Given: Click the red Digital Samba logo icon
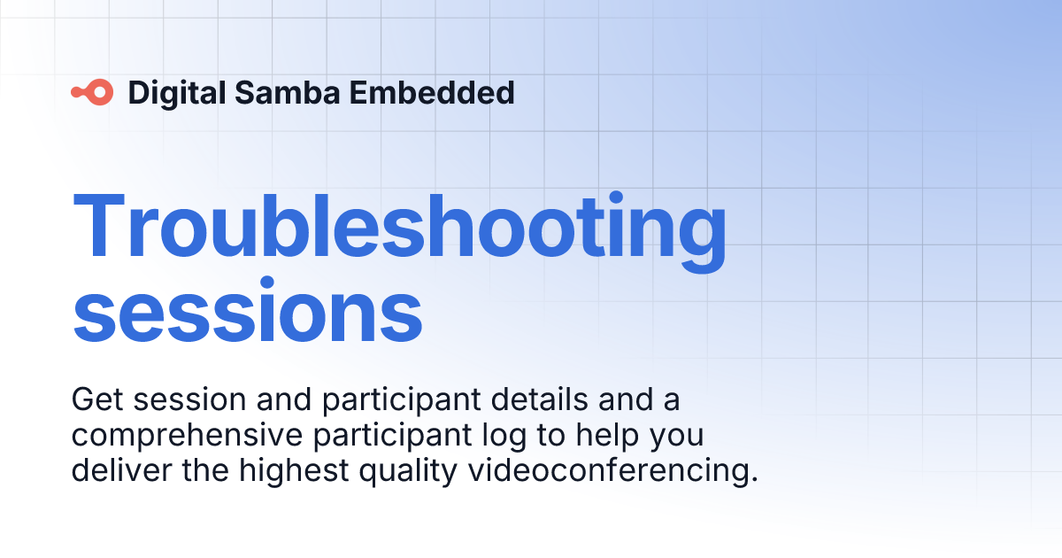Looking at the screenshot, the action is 92,92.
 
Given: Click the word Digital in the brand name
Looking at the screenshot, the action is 177,93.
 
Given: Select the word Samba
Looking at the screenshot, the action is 288,92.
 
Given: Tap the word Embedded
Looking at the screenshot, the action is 432,92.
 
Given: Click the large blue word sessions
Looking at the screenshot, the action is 247,309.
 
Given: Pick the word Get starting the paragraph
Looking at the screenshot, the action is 97,399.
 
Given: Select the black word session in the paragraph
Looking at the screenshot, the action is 189,399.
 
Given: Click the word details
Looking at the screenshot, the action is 540,399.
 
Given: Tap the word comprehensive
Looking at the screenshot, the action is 187,435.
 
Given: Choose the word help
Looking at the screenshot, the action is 607,435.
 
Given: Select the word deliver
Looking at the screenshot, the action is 121,469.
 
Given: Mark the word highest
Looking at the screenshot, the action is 294,470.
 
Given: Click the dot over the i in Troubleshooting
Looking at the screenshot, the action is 616,198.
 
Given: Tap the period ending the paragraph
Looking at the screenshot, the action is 754,480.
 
